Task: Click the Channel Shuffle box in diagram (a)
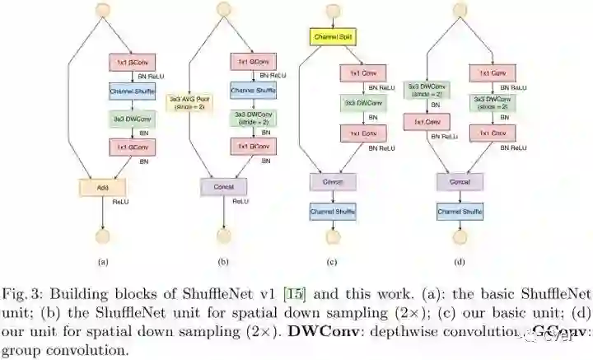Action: tap(127, 90)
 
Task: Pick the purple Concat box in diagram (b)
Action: tap(224, 187)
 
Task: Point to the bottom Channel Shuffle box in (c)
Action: tap(333, 212)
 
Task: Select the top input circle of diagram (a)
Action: tap(102, 9)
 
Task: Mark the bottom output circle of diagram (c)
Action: tap(333, 236)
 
